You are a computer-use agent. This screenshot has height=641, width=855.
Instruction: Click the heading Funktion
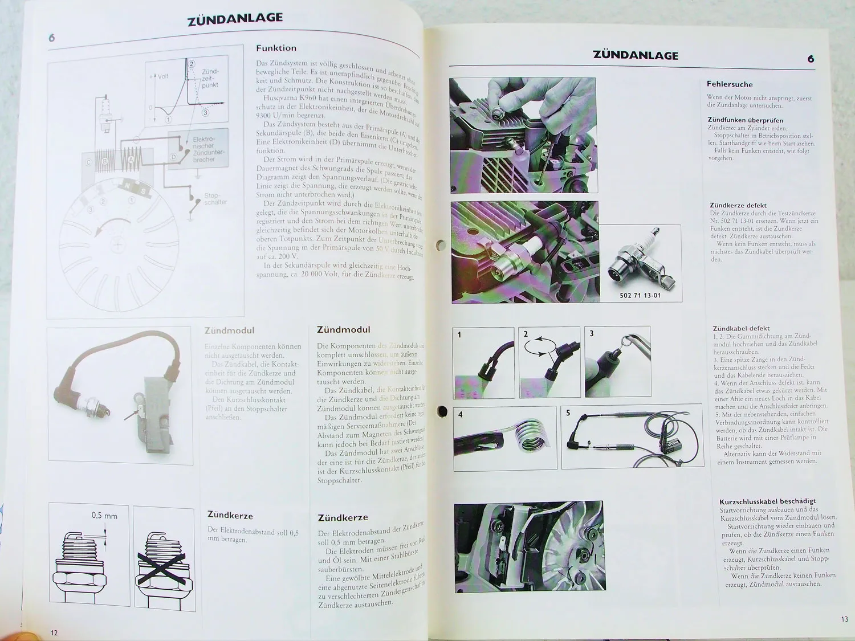[276, 48]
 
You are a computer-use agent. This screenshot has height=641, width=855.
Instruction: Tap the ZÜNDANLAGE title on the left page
[235, 19]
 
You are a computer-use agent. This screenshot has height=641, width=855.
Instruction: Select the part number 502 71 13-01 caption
[640, 296]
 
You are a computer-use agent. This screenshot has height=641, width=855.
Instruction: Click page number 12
[54, 632]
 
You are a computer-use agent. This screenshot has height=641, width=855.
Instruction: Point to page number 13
[844, 619]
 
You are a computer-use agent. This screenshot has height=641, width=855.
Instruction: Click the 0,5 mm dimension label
[104, 516]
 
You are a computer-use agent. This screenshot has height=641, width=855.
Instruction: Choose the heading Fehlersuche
[730, 84]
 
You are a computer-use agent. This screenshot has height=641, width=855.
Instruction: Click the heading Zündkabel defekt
[741, 328]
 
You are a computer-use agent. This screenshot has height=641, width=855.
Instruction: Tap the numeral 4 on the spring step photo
[461, 414]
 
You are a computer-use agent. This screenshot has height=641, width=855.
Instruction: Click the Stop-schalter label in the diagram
[215, 199]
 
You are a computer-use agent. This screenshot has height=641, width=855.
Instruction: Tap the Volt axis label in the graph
[162, 76]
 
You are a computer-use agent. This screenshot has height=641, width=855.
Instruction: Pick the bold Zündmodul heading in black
[343, 329]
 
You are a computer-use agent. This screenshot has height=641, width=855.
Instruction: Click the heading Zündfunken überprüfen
[745, 120]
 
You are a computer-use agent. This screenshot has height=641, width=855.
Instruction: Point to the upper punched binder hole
[440, 245]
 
